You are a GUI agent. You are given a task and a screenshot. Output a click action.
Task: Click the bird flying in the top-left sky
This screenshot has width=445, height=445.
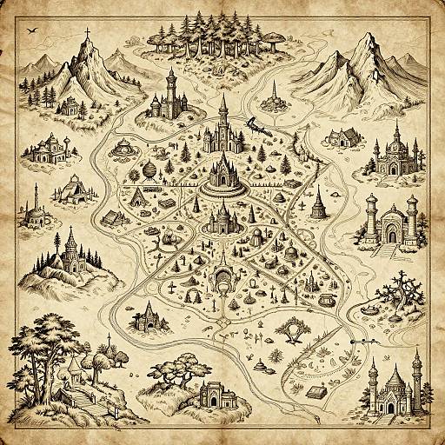(33, 31)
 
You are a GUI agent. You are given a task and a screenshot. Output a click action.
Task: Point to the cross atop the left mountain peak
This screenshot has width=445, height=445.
(87, 34)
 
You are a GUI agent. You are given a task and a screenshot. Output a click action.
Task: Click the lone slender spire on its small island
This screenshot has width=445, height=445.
(275, 95)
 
